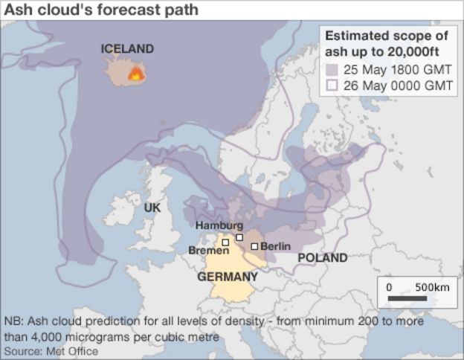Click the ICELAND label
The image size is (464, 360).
tap(127, 49)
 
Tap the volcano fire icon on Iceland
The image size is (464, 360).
tap(135, 74)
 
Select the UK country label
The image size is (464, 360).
tap(152, 208)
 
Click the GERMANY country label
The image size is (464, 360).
tap(228, 277)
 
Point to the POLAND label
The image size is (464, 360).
tap(322, 258)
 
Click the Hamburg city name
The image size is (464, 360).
tap(219, 225)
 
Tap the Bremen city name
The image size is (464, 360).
tap(203, 251)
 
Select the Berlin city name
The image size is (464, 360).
tap(275, 246)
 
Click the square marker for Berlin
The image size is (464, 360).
tap(254, 246)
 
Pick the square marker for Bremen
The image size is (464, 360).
tap(225, 242)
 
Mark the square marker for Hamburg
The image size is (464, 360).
tap(239, 237)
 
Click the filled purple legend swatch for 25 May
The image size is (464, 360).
tap(332, 70)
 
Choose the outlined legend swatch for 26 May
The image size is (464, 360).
tap(332, 85)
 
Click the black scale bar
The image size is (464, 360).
tap(407, 299)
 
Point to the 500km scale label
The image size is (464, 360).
tap(431, 287)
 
